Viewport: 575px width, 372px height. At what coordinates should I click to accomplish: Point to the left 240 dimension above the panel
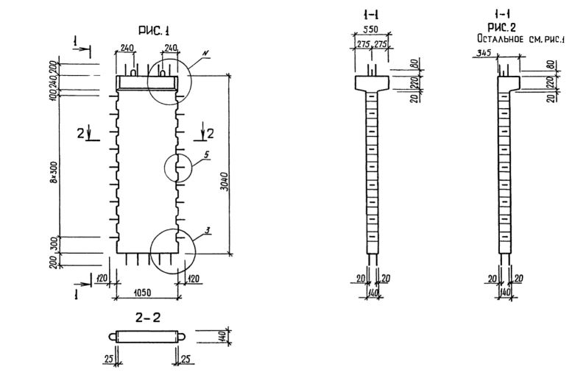tap(126, 46)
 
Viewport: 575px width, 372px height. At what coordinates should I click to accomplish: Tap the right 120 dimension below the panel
tap(194, 279)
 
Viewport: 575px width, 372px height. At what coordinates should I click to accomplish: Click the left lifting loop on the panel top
tap(131, 72)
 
